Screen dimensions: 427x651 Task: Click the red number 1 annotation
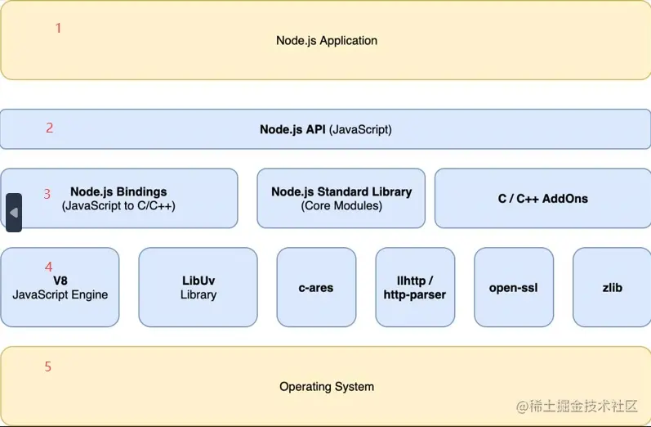coord(58,28)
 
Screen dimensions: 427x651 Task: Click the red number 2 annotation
coord(49,128)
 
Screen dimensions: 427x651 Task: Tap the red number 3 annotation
coord(47,194)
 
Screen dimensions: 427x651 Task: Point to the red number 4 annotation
coord(48,266)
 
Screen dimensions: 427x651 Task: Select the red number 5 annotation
coord(47,366)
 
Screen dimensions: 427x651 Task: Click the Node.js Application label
coord(326,40)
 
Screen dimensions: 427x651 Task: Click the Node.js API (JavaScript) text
coord(325,129)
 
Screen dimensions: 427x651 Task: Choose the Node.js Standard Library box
coord(341,199)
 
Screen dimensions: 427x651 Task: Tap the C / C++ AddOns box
coord(542,199)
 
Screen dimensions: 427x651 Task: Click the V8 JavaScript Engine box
coord(60,288)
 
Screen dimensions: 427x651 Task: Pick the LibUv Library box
coord(198,288)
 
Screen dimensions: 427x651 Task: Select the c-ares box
coord(316,288)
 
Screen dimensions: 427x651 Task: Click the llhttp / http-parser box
coord(415,288)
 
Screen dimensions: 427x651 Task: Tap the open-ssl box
coord(513,288)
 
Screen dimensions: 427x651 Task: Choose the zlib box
coord(612,288)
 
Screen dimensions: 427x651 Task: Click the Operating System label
coord(326,386)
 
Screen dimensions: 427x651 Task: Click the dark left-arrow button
coord(13,213)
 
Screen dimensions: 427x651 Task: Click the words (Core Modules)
coord(341,206)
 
